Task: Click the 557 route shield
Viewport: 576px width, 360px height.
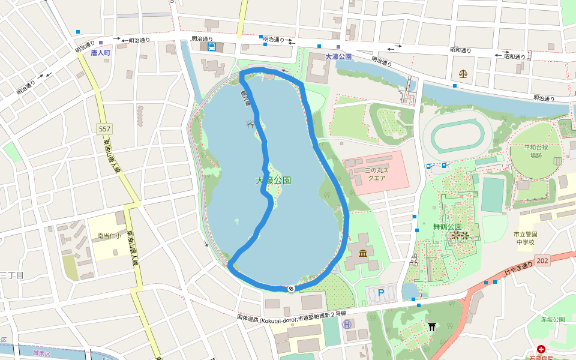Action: [x=105, y=129]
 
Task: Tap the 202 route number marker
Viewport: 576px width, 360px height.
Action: [x=543, y=260]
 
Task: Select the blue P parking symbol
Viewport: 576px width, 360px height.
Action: [x=380, y=293]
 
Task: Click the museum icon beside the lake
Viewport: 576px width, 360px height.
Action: [x=363, y=255]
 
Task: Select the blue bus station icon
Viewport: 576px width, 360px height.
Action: [x=212, y=47]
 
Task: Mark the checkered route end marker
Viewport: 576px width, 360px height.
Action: [x=291, y=289]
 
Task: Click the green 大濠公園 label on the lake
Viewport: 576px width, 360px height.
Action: [x=274, y=180]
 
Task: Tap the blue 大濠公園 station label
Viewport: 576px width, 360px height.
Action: [x=338, y=56]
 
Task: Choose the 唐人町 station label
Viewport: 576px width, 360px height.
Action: [x=101, y=53]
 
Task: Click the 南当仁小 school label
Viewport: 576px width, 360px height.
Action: [x=109, y=236]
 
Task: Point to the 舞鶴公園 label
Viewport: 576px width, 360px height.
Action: [x=447, y=226]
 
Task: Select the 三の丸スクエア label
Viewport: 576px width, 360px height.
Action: [x=375, y=174]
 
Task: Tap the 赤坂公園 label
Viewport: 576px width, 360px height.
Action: [x=553, y=320]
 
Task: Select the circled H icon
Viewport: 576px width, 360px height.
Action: [x=347, y=324]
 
